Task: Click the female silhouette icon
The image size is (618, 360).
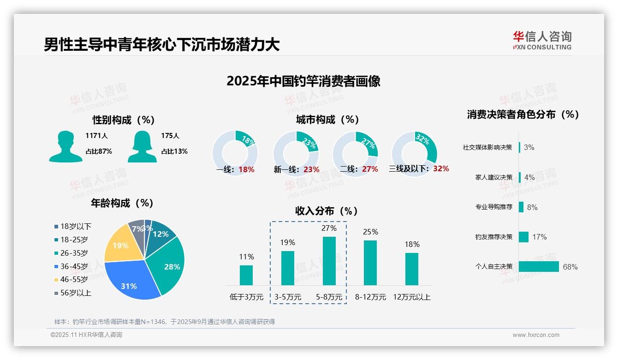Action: (x=142, y=147)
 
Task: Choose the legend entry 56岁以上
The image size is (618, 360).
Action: (x=72, y=293)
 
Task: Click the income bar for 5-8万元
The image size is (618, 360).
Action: (x=329, y=261)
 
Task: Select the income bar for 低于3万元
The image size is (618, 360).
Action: (x=246, y=275)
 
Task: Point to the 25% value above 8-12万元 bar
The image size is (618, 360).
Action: (x=370, y=232)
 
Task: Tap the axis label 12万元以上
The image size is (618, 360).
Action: (x=412, y=297)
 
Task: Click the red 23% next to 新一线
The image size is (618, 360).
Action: (x=311, y=169)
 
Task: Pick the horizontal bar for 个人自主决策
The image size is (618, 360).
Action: (x=539, y=267)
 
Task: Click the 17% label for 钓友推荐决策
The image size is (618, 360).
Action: (x=539, y=237)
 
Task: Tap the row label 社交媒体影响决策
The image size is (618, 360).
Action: (x=487, y=147)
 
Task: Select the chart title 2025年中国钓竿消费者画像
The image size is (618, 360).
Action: (x=303, y=81)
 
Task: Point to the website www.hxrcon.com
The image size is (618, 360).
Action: (x=536, y=335)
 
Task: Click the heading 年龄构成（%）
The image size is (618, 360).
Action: (x=122, y=203)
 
